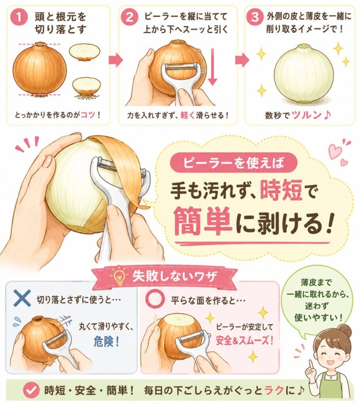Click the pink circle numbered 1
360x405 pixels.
[19, 17]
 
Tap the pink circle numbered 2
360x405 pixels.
[129, 17]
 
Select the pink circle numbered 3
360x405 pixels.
[254, 17]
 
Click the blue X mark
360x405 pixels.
[22, 298]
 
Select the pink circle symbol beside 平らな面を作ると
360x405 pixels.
[155, 299]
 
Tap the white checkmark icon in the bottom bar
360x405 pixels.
[31, 390]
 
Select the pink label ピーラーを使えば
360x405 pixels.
[234, 163]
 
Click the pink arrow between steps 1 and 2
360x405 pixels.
[115, 60]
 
